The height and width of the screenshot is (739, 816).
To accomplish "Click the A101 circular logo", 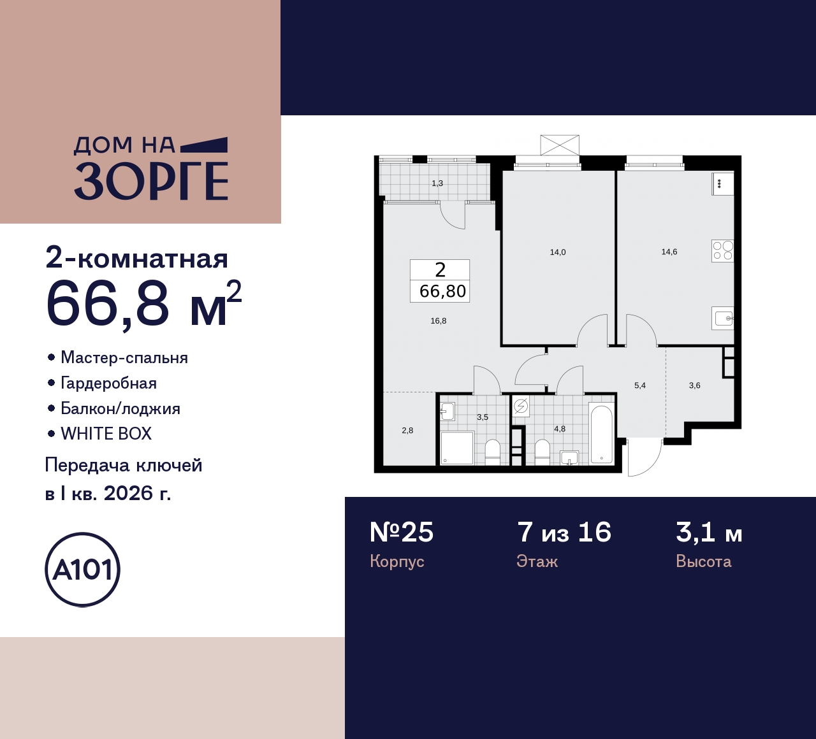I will pos(82,570).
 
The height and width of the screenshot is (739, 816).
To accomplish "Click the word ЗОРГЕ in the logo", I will pos(151,181).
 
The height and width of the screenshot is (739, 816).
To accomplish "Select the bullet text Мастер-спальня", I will pos(124,357).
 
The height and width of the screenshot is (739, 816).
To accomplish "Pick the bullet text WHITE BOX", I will pos(106,434).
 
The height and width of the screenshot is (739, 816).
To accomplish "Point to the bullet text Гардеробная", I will pos(108,383).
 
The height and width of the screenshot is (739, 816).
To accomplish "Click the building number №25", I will pos(402,532).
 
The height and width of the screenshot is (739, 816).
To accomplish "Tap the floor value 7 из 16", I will pos(564,532).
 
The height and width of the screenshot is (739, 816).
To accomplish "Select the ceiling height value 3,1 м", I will pos(709,532).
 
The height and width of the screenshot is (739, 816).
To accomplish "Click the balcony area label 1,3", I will pos(437,183).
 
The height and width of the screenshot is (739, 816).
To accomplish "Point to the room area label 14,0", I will pos(558,252).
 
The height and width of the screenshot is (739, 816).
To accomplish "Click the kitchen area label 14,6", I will pos(669,252).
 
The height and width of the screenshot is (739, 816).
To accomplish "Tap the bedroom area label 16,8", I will pos(439,321).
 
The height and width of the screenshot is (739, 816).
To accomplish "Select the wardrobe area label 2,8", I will pos(407,431).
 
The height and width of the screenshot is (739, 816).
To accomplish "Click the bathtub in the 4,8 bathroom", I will pos(601,434).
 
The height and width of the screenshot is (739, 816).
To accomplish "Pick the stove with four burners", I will pos(723,251).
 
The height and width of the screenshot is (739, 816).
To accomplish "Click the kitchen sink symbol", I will pos(724,318).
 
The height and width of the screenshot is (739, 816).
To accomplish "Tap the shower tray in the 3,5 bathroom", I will pos(457,448).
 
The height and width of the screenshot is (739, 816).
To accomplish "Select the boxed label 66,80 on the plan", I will pos(442,291).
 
